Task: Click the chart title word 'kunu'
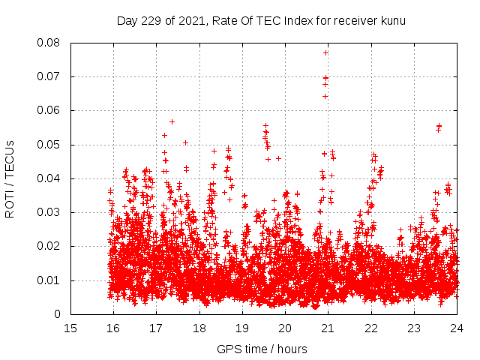tap(393, 21)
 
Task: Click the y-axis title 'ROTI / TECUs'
tap(10, 178)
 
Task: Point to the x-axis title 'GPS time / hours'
tap(262, 349)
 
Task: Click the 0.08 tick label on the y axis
tap(50, 43)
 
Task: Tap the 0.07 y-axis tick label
tap(50, 76)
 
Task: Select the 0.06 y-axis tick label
tap(50, 110)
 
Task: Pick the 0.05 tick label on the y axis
tap(50, 145)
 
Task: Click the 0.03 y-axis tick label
tap(50, 212)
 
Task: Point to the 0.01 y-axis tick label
tap(50, 280)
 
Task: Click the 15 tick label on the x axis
tap(70, 328)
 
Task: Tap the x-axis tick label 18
tap(199, 328)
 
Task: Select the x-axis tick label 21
tap(328, 328)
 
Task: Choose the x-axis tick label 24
tap(456, 328)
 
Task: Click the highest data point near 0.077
tap(325, 52)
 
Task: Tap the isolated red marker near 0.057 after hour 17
tap(172, 121)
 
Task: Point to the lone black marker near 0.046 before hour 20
tap(278, 158)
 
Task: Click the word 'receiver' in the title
tap(352, 21)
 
